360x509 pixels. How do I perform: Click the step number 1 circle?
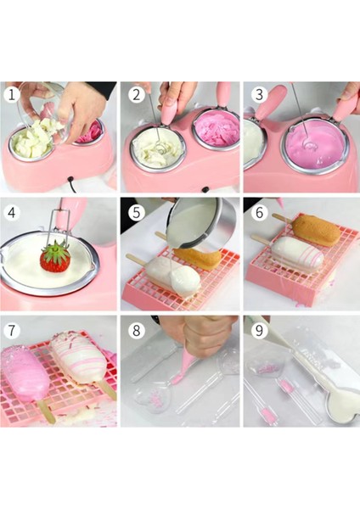pos(12,95)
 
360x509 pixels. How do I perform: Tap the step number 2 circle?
pos(136,94)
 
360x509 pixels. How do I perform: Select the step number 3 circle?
pos(259,94)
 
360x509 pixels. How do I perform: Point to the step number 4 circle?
pos(12,213)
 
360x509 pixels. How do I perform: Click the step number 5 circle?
pos(136,213)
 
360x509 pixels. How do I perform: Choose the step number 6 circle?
pos(259,213)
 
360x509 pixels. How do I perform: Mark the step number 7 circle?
pos(12,331)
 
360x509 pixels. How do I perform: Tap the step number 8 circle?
pos(136,331)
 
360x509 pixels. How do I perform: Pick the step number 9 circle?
pos(259,331)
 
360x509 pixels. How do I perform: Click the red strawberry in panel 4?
pos(55,260)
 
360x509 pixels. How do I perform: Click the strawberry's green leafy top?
pos(56,251)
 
